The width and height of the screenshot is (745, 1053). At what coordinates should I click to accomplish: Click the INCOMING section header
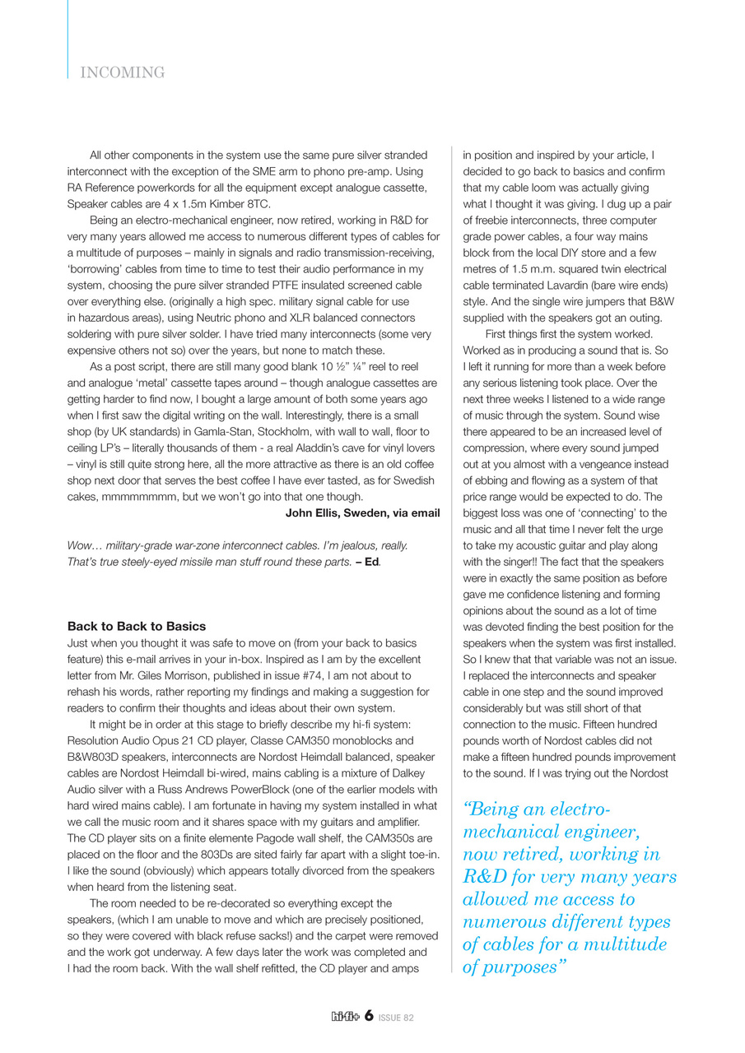(123, 73)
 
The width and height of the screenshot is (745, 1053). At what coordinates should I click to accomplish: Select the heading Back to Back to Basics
(137, 626)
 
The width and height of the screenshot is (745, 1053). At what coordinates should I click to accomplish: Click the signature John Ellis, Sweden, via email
(362, 513)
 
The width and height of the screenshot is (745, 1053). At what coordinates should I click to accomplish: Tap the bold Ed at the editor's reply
(372, 562)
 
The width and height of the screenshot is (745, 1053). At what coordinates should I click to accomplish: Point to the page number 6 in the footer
(370, 1016)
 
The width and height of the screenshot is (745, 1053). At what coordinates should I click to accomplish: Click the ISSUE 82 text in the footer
(397, 1018)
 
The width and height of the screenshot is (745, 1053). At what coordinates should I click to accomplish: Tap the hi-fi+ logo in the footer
(344, 1017)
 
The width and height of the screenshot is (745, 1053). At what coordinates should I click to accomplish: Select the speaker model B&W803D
(100, 757)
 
